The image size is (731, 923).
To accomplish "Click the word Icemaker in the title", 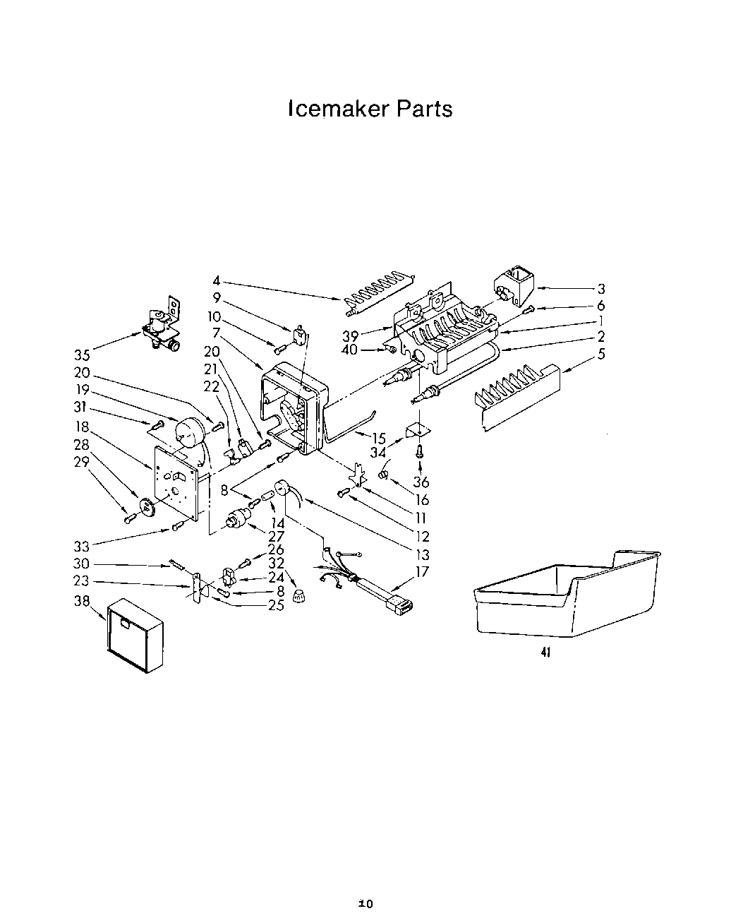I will (338, 109).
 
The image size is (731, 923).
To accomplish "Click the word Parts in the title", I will (423, 109).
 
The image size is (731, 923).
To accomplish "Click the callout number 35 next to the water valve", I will (82, 355).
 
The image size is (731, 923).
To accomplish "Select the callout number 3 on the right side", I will (600, 289).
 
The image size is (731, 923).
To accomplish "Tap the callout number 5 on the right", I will (600, 355).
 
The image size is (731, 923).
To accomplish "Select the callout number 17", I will (421, 572).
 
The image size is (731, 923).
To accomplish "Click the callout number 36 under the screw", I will (421, 482).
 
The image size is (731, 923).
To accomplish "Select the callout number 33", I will (82, 546).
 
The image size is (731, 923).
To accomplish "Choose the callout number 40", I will (350, 350).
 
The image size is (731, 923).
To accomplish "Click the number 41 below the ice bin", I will (545, 653).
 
